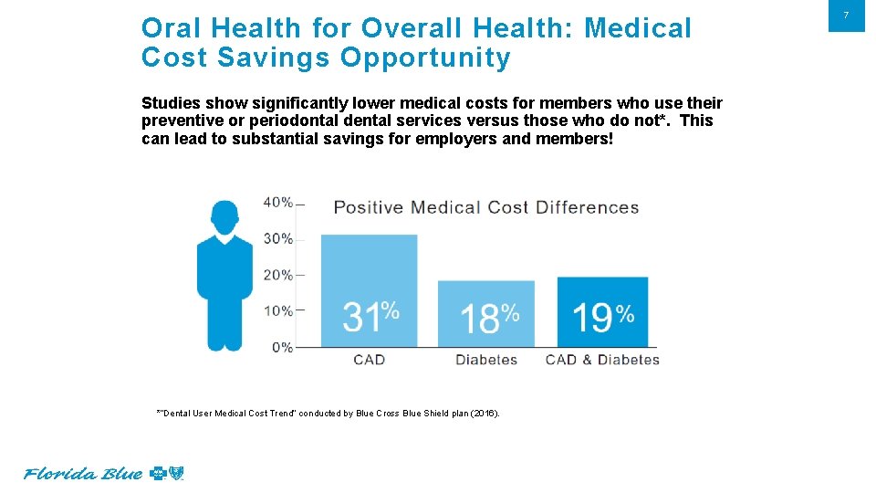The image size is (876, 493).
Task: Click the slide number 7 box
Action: [846, 16]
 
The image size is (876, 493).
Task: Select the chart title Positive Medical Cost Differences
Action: [485, 207]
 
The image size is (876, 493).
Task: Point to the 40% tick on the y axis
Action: [278, 202]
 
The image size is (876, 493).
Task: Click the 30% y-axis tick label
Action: [278, 238]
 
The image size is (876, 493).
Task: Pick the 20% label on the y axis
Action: [278, 275]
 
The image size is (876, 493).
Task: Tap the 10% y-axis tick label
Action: [278, 311]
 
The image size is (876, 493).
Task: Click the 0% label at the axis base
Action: [281, 347]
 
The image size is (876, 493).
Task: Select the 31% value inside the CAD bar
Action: [370, 317]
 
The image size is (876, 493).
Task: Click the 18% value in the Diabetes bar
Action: [488, 318]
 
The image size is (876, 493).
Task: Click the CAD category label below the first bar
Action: [369, 360]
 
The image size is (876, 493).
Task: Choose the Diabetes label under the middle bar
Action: [486, 360]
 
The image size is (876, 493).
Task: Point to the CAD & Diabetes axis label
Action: [602, 360]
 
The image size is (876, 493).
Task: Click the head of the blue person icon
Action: [224, 216]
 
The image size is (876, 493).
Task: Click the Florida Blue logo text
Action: [83, 474]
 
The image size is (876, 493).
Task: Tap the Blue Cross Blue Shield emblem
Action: [166, 473]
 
